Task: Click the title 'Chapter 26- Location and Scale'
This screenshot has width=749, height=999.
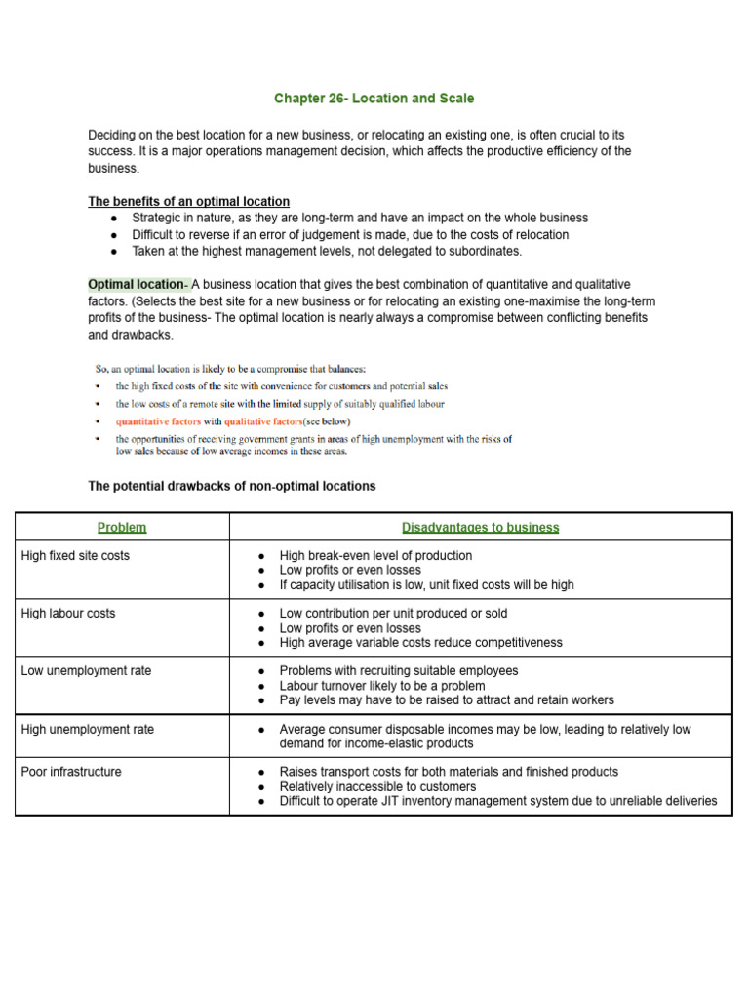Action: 374,99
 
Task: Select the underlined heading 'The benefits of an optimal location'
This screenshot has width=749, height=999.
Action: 188,201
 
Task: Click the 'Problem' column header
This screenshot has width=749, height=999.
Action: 122,527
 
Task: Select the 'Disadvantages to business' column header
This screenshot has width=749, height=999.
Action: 480,527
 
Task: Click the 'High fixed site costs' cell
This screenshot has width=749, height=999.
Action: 75,556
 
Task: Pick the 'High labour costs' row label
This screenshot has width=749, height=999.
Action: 67,614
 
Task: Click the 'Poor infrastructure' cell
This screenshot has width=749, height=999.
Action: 71,772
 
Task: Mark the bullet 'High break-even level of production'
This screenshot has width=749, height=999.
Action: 375,556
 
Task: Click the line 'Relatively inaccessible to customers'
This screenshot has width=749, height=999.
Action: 377,786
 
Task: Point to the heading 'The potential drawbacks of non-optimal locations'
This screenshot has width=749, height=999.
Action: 231,486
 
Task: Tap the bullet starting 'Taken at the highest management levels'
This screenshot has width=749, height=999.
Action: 327,251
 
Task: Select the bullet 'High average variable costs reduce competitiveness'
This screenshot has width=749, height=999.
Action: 420,643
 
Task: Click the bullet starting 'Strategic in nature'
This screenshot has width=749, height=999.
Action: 360,219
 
